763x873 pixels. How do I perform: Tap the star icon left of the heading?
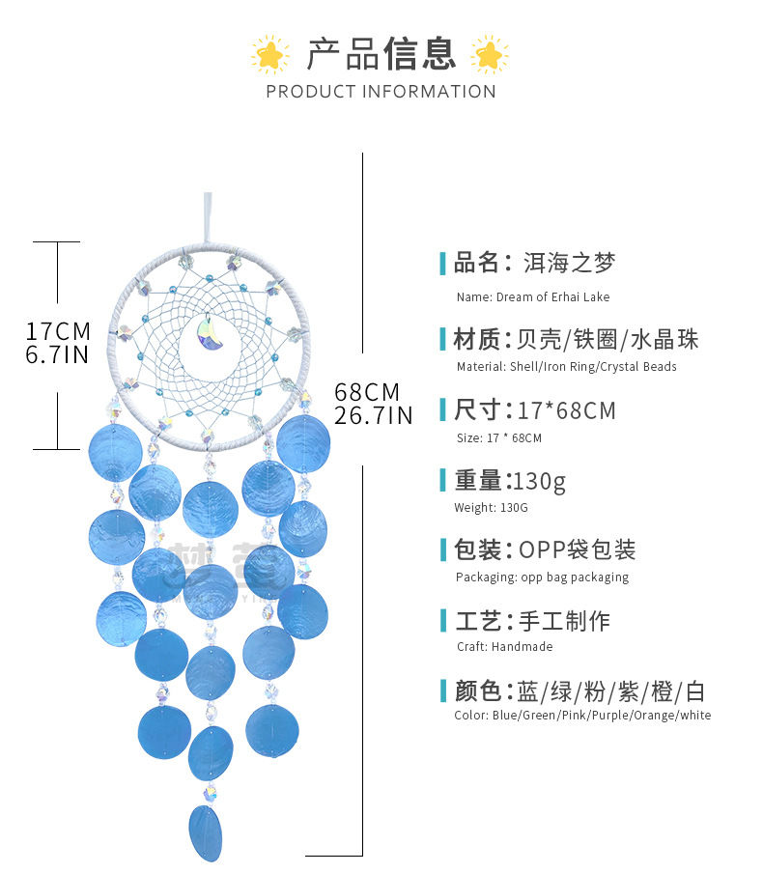[269, 54]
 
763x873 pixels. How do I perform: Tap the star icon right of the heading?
[490, 54]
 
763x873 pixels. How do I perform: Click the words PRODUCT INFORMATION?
[381, 92]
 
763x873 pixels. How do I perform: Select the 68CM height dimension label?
[367, 392]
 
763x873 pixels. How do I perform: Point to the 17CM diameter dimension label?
[58, 330]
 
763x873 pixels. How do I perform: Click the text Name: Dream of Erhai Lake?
[532, 297]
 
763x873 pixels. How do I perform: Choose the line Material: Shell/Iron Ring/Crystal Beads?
[566, 367]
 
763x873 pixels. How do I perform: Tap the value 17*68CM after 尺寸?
[566, 410]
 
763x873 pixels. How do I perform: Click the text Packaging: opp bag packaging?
[542, 577]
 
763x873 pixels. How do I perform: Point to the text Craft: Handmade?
[504, 647]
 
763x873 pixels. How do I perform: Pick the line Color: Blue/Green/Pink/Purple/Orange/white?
[582, 716]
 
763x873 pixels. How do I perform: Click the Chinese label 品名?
[477, 262]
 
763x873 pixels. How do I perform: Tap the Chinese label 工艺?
[477, 621]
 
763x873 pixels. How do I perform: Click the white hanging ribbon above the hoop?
[207, 217]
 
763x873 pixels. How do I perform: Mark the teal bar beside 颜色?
[443, 691]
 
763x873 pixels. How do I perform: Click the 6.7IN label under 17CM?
[58, 354]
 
